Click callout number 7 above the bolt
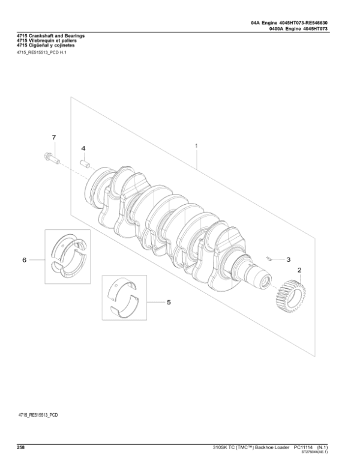(x=53, y=138)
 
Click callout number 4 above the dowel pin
(x=83, y=148)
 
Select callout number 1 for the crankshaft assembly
(x=196, y=145)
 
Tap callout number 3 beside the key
(x=288, y=259)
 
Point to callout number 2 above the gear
(x=299, y=270)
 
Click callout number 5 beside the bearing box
(x=169, y=302)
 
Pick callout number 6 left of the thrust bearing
(x=25, y=260)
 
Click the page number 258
(x=21, y=447)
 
